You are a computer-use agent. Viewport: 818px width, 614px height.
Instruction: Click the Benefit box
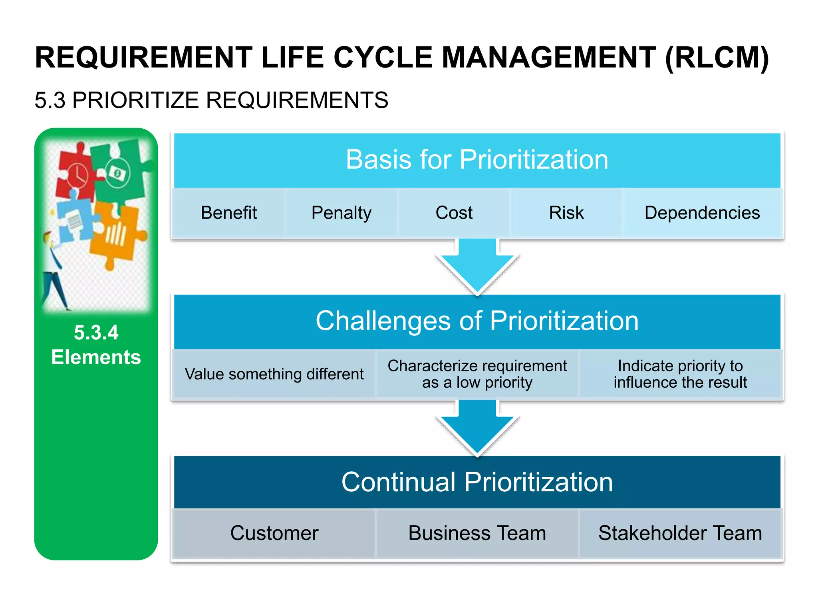point(228,213)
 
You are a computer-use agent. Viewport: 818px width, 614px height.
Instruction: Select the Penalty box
point(341,213)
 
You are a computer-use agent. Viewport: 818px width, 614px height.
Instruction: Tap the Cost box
point(454,213)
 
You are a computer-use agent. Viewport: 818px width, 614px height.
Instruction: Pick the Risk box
point(566,213)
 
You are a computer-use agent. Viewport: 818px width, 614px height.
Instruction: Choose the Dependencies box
point(702,213)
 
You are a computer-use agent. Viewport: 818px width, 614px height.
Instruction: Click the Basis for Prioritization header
point(477,160)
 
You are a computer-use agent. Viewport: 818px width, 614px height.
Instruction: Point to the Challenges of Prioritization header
point(477,321)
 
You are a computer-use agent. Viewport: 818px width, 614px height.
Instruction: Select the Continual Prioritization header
point(477,482)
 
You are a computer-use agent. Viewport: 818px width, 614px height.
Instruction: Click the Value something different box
point(274,374)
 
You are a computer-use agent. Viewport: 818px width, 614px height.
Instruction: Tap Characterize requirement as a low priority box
point(477,374)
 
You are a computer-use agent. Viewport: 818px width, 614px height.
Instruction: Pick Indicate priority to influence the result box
point(680,374)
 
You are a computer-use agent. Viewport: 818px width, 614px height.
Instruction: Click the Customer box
point(274,533)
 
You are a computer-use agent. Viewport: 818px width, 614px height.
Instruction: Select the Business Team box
point(477,533)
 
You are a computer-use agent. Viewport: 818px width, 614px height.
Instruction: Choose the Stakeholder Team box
point(680,533)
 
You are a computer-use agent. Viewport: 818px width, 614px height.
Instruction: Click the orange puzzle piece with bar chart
point(116,236)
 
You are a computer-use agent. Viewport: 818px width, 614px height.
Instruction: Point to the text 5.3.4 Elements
point(96,345)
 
